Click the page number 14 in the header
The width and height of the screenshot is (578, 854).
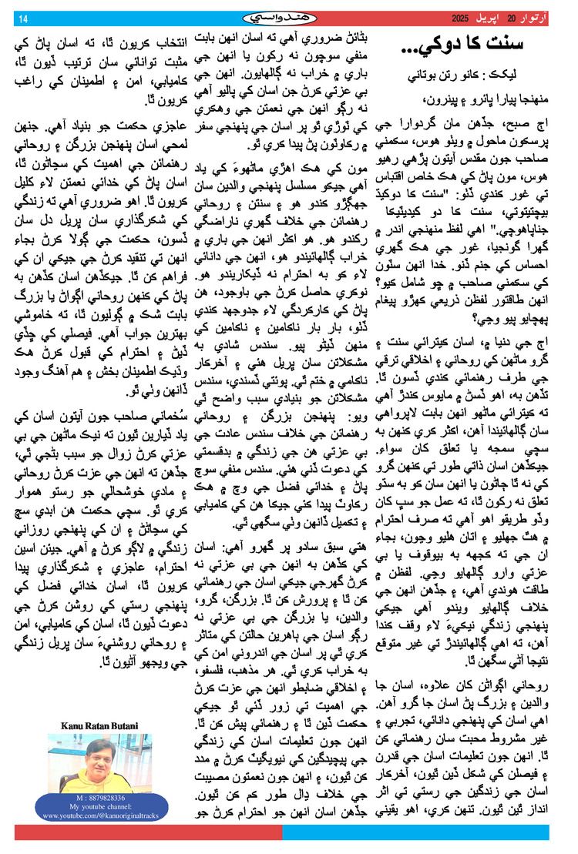tap(22, 18)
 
